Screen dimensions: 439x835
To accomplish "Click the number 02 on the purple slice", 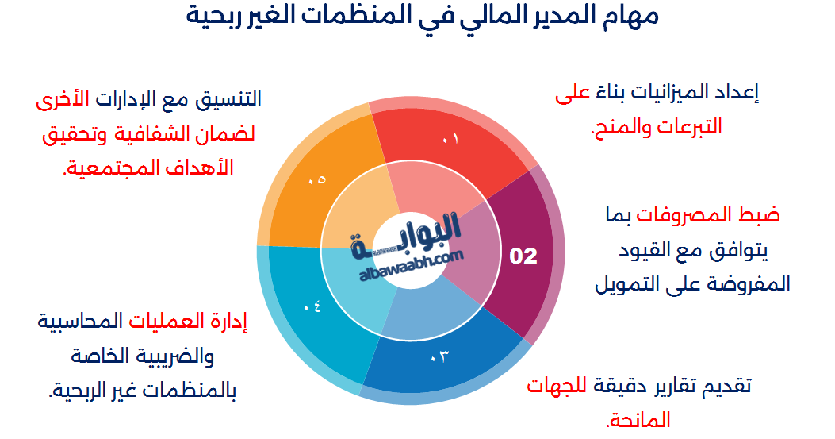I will coord(523,256).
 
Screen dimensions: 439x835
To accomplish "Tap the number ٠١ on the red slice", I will coord(450,140).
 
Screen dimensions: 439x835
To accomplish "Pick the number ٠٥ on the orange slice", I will coord(317,180).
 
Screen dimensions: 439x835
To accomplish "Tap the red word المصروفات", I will coord(703,215).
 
